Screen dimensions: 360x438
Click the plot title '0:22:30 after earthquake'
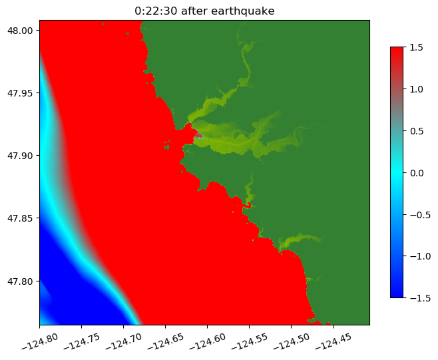coord(204,11)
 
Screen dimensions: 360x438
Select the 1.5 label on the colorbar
coord(417,47)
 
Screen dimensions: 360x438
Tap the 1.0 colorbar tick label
coord(417,89)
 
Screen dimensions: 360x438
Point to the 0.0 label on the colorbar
coord(417,172)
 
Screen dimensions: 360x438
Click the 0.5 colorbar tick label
coord(417,131)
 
